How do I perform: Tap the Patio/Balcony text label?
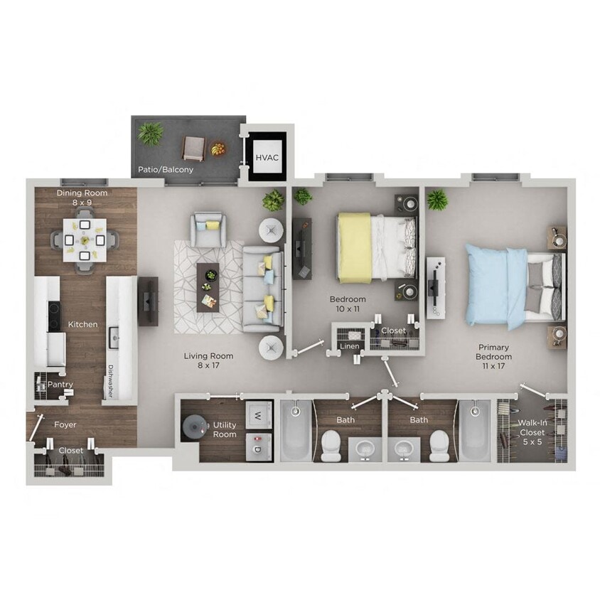(x=166, y=170)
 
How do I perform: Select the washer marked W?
(x=259, y=416)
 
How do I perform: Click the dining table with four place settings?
(x=85, y=240)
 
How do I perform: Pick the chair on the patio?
(x=193, y=147)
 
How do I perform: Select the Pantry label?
(x=60, y=385)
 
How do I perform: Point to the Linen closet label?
(x=350, y=346)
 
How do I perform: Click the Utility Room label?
(x=225, y=429)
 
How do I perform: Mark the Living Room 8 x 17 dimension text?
(x=208, y=361)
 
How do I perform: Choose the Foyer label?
(x=65, y=425)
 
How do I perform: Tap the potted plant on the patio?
(x=151, y=133)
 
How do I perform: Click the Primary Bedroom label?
(x=493, y=352)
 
